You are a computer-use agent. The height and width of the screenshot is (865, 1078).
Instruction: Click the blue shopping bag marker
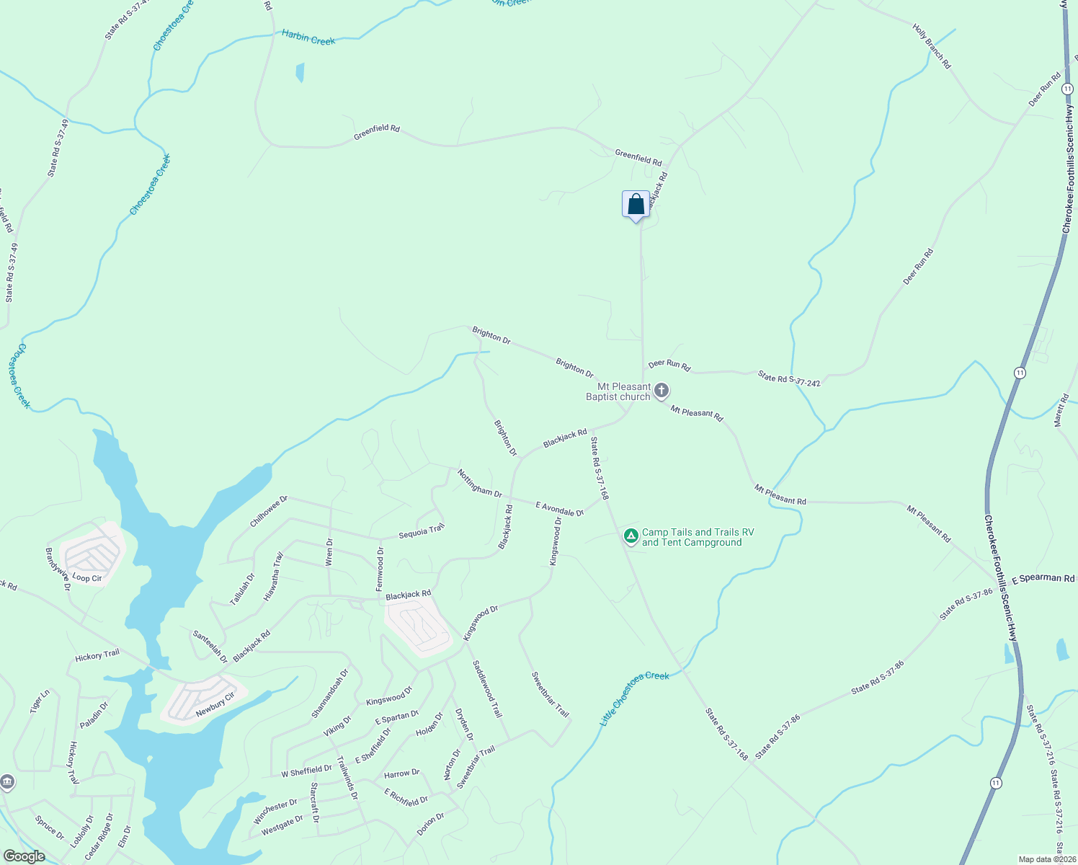[x=636, y=205]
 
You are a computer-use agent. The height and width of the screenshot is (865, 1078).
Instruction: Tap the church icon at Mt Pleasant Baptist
[x=661, y=391]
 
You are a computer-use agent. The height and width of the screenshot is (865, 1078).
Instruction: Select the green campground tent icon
[x=631, y=536]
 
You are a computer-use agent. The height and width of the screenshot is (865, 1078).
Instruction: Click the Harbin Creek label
[x=308, y=37]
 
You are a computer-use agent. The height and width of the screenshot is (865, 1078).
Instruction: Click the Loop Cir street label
[x=86, y=578]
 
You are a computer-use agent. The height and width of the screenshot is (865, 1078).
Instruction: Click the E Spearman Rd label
[x=1043, y=579]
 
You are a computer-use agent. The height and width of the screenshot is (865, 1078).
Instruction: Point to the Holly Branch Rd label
[x=932, y=46]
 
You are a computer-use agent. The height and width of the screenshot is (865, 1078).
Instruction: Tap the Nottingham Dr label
[x=479, y=482]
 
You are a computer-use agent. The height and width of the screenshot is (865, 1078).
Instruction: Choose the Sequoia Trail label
[x=422, y=532]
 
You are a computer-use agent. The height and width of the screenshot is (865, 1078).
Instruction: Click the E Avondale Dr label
[x=560, y=509]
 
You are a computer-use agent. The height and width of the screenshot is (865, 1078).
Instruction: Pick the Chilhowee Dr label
[x=269, y=510]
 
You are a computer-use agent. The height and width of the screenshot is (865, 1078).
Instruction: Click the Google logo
[x=24, y=856]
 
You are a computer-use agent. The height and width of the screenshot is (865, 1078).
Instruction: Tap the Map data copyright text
[x=1047, y=859]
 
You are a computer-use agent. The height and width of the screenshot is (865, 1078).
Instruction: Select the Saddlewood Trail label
[x=487, y=688]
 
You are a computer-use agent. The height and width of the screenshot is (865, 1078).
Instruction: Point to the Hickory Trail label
[x=97, y=655]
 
